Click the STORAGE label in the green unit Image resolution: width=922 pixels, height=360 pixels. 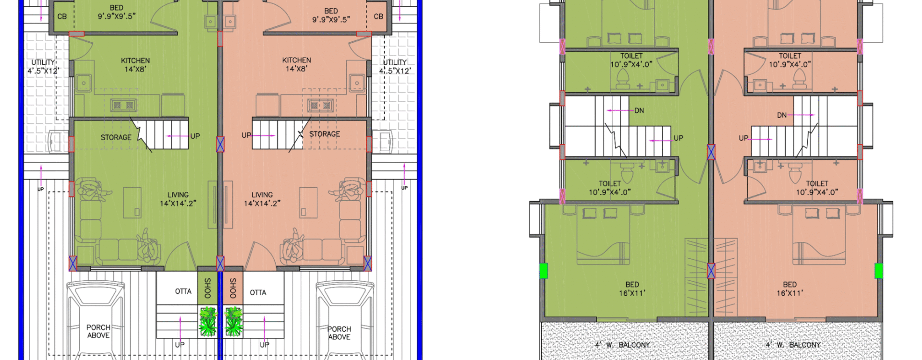point(116,137)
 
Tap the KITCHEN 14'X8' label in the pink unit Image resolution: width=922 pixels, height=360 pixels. point(296,64)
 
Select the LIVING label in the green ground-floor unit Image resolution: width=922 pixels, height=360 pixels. point(178,195)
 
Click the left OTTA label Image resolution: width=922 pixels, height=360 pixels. point(183,291)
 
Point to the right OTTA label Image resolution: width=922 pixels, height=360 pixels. point(258,292)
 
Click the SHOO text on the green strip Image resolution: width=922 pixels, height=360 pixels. point(207,288)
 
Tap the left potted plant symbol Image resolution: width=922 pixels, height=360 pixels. point(208,321)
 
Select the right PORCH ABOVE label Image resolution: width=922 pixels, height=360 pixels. point(339,333)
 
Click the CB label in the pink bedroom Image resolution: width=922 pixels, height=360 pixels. point(378,16)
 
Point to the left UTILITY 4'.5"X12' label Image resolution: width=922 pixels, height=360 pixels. point(43,67)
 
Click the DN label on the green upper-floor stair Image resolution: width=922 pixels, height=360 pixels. point(639,110)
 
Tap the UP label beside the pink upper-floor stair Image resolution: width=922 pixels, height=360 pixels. point(743,138)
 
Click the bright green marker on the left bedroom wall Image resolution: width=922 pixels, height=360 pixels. point(544,271)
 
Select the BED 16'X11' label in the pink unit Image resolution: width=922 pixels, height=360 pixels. point(790,288)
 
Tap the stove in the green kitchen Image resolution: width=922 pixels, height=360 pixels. point(123,105)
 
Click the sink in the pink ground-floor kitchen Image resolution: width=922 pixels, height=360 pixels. point(357,82)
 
